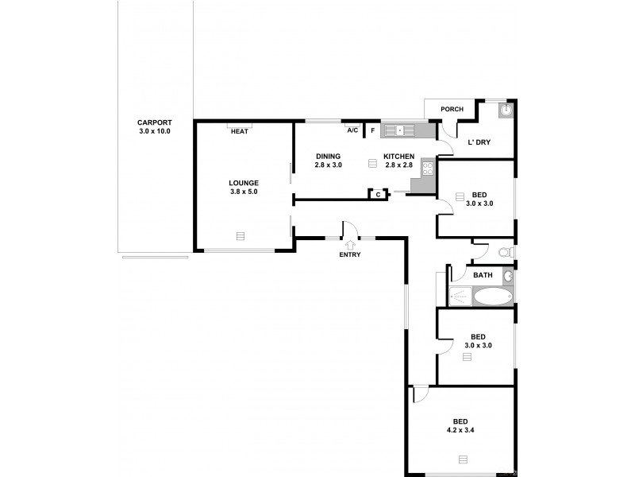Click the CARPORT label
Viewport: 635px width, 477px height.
pyautogui.click(x=154, y=122)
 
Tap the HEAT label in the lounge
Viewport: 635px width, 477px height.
pyautogui.click(x=239, y=131)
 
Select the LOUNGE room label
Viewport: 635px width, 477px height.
pyautogui.click(x=244, y=182)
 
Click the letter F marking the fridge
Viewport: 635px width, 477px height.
pyautogui.click(x=371, y=130)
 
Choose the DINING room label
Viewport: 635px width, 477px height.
pyautogui.click(x=328, y=156)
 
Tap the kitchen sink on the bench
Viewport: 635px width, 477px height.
pyautogui.click(x=400, y=130)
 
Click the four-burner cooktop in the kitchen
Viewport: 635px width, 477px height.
pyautogui.click(x=428, y=168)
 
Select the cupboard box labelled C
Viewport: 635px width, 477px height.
pyautogui.click(x=378, y=193)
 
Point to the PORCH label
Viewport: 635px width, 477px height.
pyautogui.click(x=452, y=110)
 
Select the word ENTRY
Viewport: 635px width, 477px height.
pyautogui.click(x=349, y=254)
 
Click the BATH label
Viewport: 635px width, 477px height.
pyautogui.click(x=483, y=275)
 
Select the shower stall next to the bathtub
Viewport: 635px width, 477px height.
pyautogui.click(x=460, y=297)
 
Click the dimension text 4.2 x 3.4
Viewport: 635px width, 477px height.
pyautogui.click(x=460, y=430)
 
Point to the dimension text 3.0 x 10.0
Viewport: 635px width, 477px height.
pyautogui.click(x=154, y=131)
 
